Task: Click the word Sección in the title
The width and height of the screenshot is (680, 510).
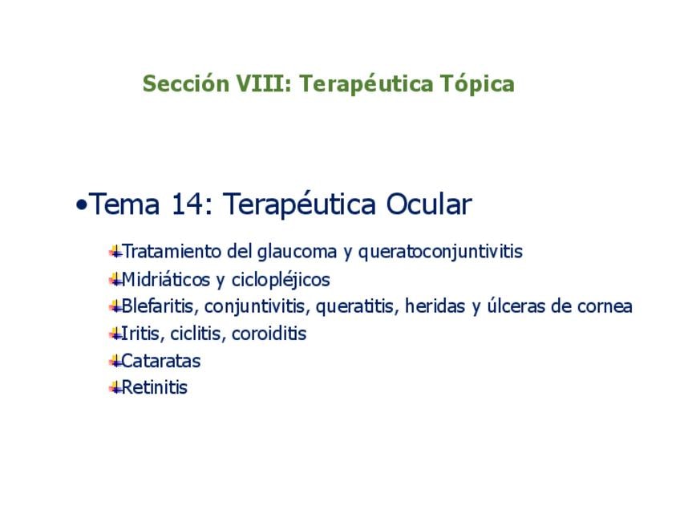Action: pyautogui.click(x=186, y=83)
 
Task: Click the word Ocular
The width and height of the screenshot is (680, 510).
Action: pyautogui.click(x=428, y=204)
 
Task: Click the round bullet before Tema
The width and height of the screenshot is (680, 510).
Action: pyautogui.click(x=81, y=204)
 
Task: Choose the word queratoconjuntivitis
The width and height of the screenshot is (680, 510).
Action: pyautogui.click(x=440, y=252)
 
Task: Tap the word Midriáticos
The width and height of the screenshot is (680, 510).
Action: pyautogui.click(x=166, y=280)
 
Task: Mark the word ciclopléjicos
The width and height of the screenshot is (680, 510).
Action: pyautogui.click(x=281, y=280)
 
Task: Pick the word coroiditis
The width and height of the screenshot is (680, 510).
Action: pyautogui.click(x=269, y=334)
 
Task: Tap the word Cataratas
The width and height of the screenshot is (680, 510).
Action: pyautogui.click(x=161, y=361)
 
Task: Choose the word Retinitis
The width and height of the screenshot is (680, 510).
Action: pyautogui.click(x=155, y=387)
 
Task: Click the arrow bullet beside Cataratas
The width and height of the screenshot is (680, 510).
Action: pyautogui.click(x=115, y=361)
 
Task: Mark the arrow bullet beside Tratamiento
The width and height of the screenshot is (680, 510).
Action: pyautogui.click(x=115, y=252)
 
